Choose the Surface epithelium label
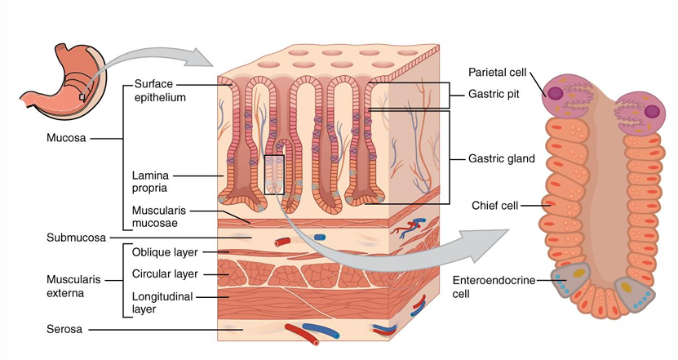coord(159,91)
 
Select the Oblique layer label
coord(164,252)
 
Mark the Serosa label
coord(64,331)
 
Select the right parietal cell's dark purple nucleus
coord(653,112)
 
